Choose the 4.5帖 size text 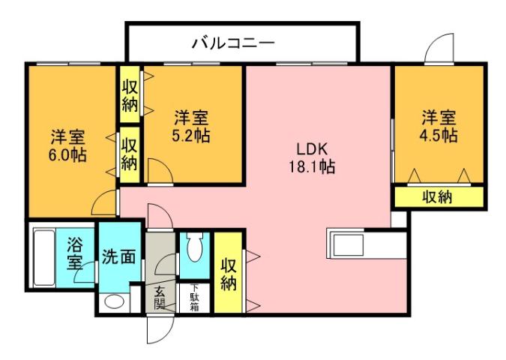(x=439, y=136)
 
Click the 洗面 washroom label (x=118, y=256)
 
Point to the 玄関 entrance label (x=159, y=298)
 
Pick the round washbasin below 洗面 (x=115, y=302)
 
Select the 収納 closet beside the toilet (x=228, y=274)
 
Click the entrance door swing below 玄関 (x=159, y=327)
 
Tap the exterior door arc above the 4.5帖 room (x=439, y=49)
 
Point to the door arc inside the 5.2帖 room (x=159, y=171)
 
